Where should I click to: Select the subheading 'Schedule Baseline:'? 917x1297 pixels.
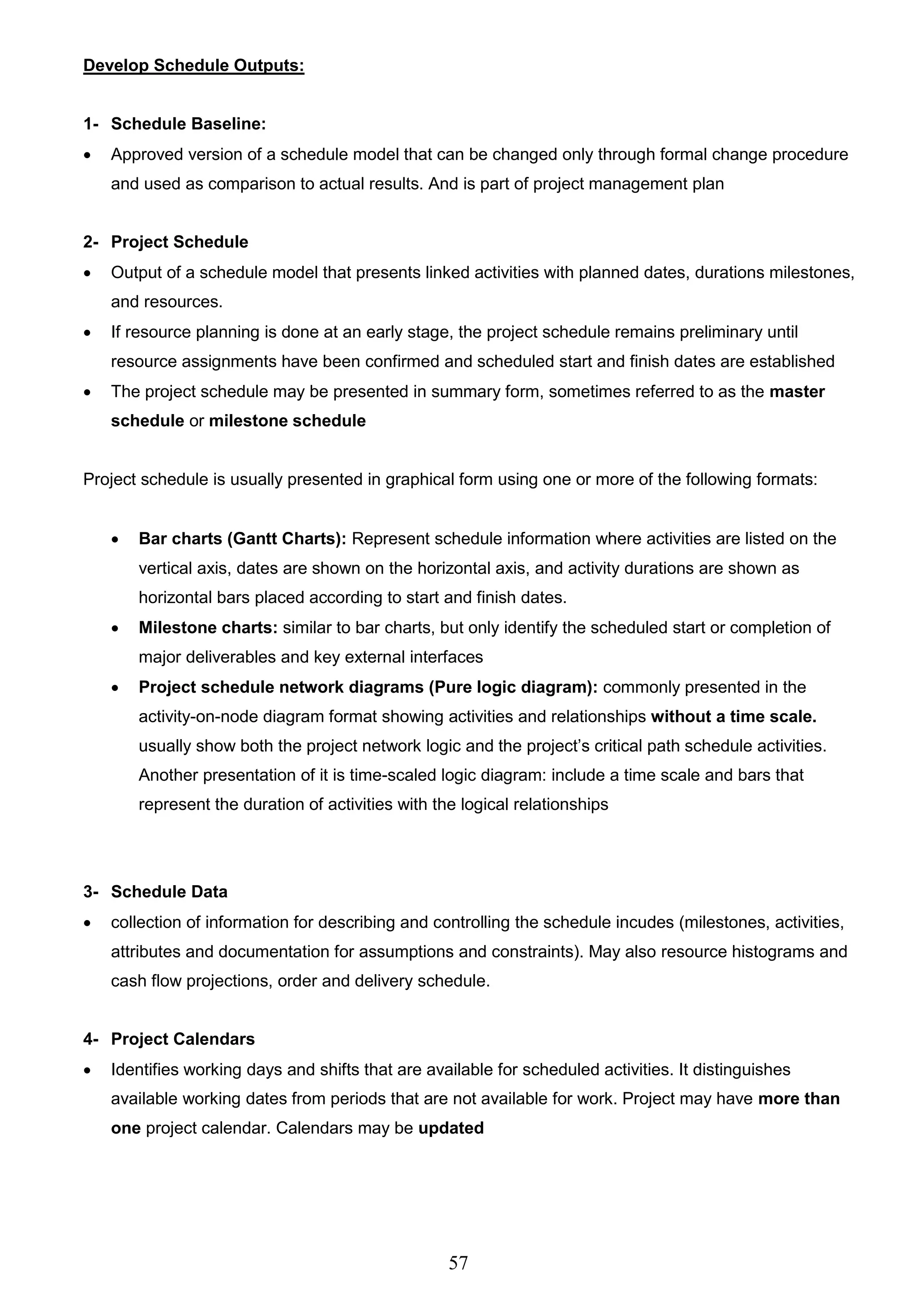188,124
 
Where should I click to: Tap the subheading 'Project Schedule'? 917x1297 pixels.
179,242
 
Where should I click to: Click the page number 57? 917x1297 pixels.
458,1263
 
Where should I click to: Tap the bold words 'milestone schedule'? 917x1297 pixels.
287,421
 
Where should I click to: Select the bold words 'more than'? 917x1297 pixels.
798,1099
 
